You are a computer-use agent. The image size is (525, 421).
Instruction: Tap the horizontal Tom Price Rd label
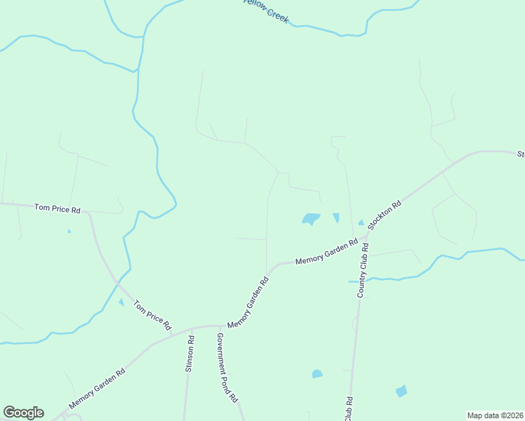[x=58, y=208]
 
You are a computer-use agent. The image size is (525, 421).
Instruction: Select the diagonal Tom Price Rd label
[x=152, y=315]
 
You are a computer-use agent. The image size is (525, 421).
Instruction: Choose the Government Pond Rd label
[x=226, y=367]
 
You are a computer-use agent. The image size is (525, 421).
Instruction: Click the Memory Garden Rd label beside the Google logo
[x=97, y=389]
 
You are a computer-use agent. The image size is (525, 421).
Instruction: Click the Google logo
[x=23, y=413]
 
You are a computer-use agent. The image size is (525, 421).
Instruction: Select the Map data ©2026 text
[x=495, y=415]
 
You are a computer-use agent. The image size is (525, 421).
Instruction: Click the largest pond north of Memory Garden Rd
[x=311, y=219]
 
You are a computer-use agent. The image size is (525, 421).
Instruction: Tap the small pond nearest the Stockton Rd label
[x=361, y=223]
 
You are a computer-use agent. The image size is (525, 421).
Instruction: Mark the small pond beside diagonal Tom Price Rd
[x=121, y=302]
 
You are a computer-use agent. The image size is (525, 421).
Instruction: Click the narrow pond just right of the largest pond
[x=335, y=218]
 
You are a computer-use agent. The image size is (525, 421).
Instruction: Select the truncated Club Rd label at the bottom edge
[x=349, y=409]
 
